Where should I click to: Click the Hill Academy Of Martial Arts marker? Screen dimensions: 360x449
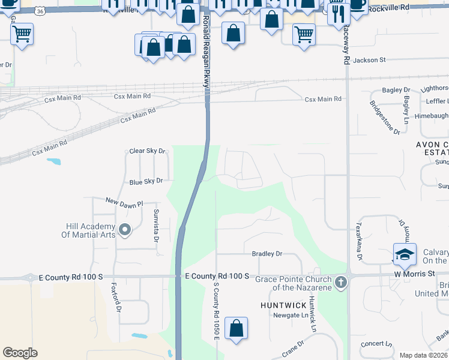[x=125, y=229]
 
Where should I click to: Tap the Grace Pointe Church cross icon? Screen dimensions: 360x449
[x=341, y=281]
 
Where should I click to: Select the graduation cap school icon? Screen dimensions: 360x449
[x=405, y=254]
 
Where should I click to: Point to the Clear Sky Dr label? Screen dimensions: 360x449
[x=147, y=151]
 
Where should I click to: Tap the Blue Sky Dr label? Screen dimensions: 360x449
[x=146, y=181]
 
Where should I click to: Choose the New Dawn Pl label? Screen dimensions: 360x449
[x=125, y=204]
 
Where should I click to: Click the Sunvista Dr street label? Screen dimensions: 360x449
[x=156, y=225]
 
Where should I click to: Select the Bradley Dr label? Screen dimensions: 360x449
[x=267, y=254]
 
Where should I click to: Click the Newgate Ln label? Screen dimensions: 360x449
[x=291, y=315]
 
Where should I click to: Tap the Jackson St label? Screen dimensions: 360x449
[x=369, y=60]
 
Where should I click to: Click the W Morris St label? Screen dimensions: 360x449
[x=414, y=274]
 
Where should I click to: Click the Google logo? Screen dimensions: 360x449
[x=19, y=353]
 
